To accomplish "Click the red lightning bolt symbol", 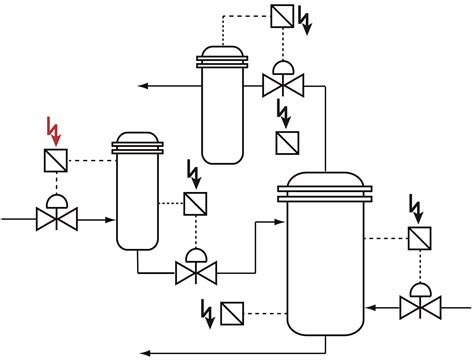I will pyautogui.click(x=53, y=129).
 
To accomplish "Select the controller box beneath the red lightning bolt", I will pyautogui.click(x=55, y=160).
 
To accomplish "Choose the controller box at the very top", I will pyautogui.click(x=283, y=16).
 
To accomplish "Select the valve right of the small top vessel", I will pyautogui.click(x=283, y=83).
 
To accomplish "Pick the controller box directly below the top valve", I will pyautogui.click(x=286, y=142).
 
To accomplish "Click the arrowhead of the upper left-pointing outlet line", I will pyautogui.click(x=143, y=86).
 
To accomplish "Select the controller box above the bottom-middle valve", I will pyautogui.click(x=195, y=203).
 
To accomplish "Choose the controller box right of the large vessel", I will pyautogui.click(x=418, y=238).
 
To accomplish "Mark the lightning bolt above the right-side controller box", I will pyautogui.click(x=417, y=208).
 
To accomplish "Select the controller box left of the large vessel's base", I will pyautogui.click(x=233, y=313).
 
